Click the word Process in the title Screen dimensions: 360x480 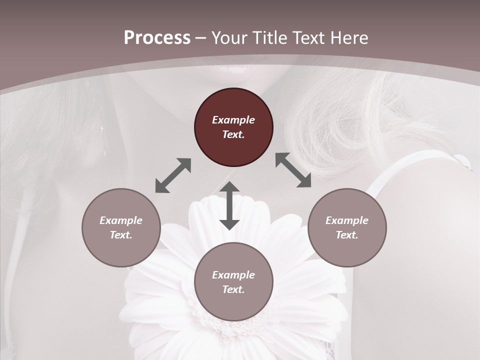click(157, 38)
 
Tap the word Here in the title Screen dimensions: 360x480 click(349, 38)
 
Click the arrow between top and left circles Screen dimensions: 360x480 click(173, 175)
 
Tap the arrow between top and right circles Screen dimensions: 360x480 click(293, 170)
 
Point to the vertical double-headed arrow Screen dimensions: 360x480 click(229, 205)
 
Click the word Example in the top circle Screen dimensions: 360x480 click(233, 120)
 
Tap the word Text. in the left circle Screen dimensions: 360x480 click(121, 235)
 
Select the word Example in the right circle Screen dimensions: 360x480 click(347, 220)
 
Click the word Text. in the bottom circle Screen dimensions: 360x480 click(233, 289)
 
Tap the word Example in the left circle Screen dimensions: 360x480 click(121, 220)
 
